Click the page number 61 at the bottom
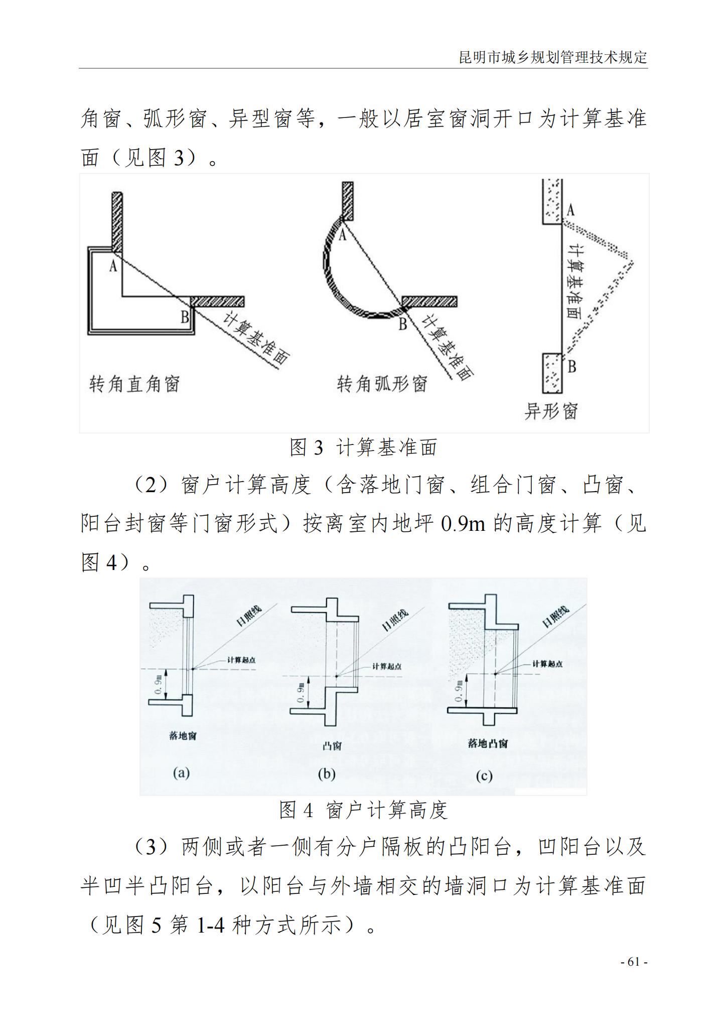point(634,962)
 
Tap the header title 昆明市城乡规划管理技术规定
point(553,57)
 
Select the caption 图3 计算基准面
point(363,447)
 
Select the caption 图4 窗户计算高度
point(363,810)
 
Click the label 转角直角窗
point(134,384)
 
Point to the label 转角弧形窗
point(382,384)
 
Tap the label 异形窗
point(551,411)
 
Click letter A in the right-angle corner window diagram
point(113,265)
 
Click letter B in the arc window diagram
point(402,324)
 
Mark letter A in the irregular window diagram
point(570,210)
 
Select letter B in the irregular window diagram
point(571,367)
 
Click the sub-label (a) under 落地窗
point(181,773)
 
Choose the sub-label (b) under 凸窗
point(327,774)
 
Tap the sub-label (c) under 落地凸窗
point(484,776)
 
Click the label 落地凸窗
point(487,744)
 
